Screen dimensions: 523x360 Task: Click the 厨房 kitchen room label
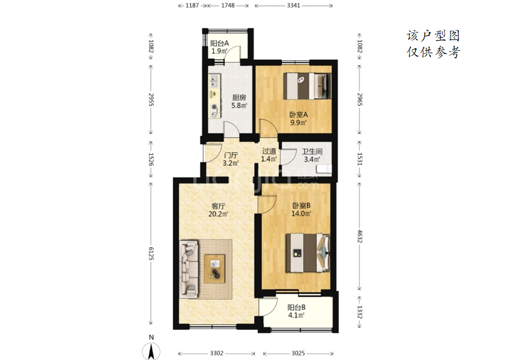pyautogui.click(x=239, y=98)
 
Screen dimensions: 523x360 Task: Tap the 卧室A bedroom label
pyautogui.click(x=299, y=115)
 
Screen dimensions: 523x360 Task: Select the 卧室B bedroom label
pyautogui.click(x=301, y=205)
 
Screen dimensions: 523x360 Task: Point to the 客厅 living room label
pyautogui.click(x=219, y=206)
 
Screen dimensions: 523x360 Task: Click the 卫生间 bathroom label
pyautogui.click(x=312, y=152)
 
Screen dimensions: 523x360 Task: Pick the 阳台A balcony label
pyautogui.click(x=219, y=43)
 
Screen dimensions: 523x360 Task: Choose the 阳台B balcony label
pyautogui.click(x=296, y=307)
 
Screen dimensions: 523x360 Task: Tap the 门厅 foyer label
pyautogui.click(x=231, y=155)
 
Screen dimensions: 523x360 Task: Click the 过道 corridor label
pyautogui.click(x=269, y=152)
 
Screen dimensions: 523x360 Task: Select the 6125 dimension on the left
pyautogui.click(x=151, y=254)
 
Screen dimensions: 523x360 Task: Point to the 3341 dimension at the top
pyautogui.click(x=294, y=6)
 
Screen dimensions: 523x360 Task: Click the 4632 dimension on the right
pyautogui.click(x=360, y=236)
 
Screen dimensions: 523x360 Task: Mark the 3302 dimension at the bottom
pyautogui.click(x=217, y=353)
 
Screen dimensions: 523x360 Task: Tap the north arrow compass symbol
pyautogui.click(x=151, y=349)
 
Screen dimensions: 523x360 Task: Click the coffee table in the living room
pyautogui.click(x=215, y=269)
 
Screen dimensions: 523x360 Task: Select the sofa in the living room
pyautogui.click(x=189, y=269)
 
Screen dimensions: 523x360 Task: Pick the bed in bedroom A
pyautogui.click(x=307, y=86)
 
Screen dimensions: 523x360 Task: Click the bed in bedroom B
pyautogui.click(x=308, y=253)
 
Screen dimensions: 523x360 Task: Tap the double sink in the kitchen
pyautogui.click(x=214, y=80)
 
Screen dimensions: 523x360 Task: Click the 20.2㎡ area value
pyautogui.click(x=219, y=214)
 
